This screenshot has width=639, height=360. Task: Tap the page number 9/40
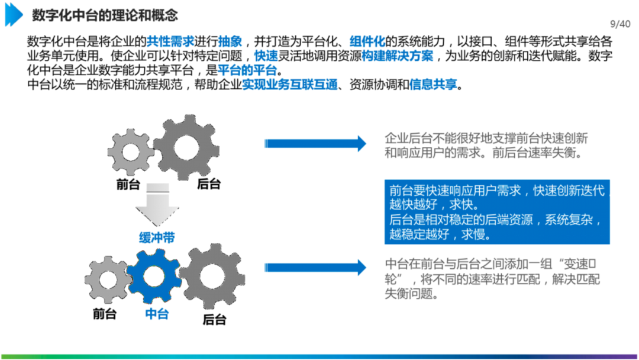pos(620,24)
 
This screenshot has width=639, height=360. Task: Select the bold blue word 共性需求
pos(170,42)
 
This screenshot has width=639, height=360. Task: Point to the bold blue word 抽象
pos(230,42)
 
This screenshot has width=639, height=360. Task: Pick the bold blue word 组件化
pos(367,42)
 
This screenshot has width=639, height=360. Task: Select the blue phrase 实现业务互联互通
pos(290,85)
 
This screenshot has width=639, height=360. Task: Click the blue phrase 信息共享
pos(433,85)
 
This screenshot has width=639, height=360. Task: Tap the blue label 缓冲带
pos(157,238)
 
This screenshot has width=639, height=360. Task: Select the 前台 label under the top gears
pos(128,184)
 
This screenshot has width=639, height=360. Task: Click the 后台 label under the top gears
pos(208,184)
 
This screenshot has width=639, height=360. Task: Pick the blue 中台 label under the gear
pos(157,314)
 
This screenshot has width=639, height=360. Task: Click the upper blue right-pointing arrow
pos(316,143)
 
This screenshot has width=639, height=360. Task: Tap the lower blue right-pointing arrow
pos(316,267)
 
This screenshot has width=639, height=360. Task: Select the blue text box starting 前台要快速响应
pos(497,212)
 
